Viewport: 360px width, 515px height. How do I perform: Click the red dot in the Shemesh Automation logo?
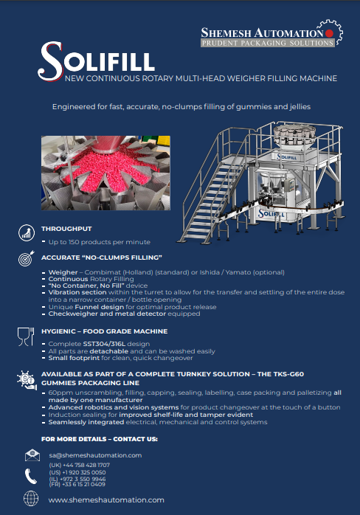click(x=329, y=33)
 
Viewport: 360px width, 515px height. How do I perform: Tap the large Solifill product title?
click(x=96, y=61)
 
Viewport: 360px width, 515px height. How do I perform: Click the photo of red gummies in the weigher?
click(x=105, y=173)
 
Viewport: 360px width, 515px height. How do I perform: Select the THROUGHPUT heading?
click(x=66, y=229)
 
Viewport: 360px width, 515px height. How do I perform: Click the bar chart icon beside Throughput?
click(x=27, y=232)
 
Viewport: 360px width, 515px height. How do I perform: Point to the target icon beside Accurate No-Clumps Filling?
click(x=27, y=258)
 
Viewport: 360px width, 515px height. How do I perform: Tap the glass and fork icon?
click(x=26, y=336)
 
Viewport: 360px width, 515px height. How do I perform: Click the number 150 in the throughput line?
click(x=74, y=242)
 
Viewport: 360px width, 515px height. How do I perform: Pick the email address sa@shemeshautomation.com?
click(x=95, y=455)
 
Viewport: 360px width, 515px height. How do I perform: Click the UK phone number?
click(x=80, y=465)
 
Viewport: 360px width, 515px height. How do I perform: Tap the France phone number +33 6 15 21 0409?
click(x=77, y=484)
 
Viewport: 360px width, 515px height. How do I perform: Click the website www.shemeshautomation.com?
click(x=106, y=500)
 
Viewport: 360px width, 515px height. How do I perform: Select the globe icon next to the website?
click(x=31, y=498)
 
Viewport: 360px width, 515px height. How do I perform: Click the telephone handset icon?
click(x=30, y=476)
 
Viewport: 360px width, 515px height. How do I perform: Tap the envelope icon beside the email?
click(x=32, y=455)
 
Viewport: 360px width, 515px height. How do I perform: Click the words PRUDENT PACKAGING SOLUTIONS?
click(x=267, y=43)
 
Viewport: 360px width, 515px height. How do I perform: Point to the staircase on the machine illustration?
click(x=212, y=201)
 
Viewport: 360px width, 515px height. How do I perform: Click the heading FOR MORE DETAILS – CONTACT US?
click(x=100, y=439)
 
